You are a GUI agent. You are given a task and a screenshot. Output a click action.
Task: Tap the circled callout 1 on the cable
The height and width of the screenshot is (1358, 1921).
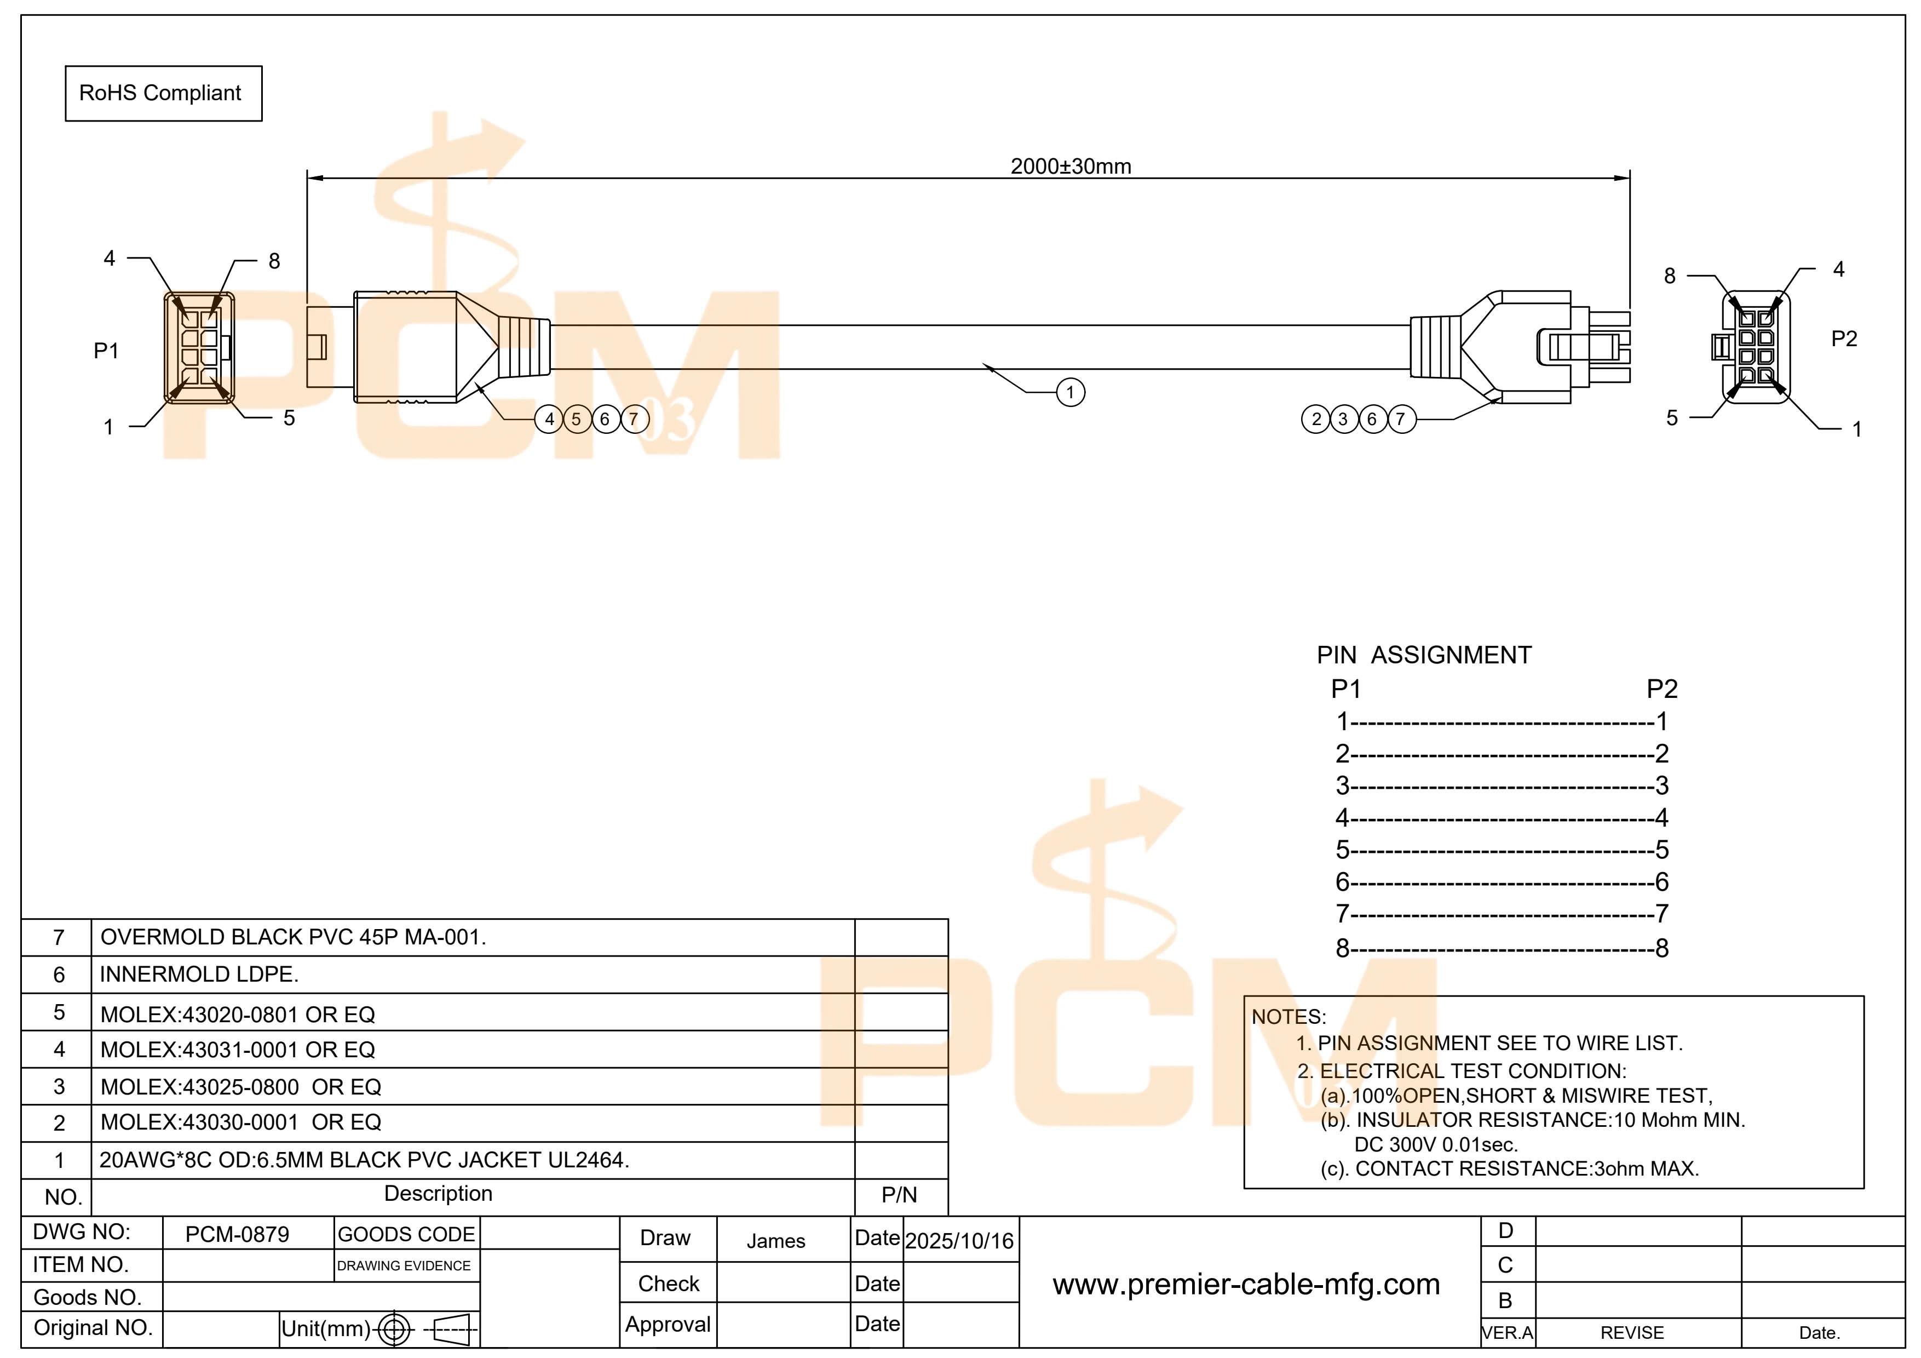[x=1070, y=392]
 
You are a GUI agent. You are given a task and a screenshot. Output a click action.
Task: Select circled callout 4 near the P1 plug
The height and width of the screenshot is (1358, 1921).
[x=549, y=419]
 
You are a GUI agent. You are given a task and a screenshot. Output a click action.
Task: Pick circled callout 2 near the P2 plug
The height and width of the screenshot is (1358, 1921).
[x=1316, y=419]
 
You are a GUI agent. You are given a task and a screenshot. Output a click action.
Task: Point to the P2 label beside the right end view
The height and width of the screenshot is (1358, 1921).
[x=1844, y=339]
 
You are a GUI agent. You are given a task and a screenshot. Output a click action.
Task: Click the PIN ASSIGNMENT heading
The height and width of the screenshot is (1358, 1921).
[x=1424, y=655]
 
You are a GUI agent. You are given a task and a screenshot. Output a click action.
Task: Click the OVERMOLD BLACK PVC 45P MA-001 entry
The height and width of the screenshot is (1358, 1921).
[x=293, y=937]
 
